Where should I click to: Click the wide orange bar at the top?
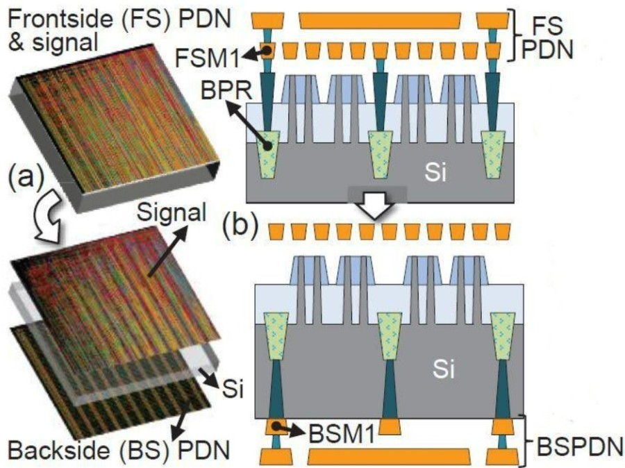click(380, 21)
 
